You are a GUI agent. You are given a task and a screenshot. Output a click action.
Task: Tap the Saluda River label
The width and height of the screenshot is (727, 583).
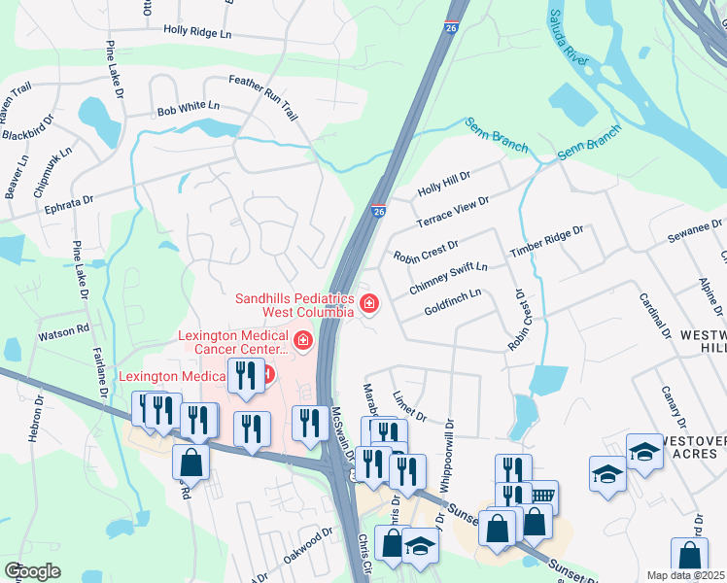(570, 37)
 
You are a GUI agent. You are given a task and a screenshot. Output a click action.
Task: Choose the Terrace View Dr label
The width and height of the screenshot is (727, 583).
(452, 212)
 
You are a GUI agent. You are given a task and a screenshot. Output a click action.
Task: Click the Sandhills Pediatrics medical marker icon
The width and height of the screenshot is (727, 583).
(369, 305)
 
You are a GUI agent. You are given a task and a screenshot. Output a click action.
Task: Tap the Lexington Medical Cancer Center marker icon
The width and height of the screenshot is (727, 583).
(302, 341)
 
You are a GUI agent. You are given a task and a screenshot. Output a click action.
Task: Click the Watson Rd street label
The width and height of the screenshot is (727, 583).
(63, 332)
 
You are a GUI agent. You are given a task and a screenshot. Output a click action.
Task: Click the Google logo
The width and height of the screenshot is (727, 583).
(32, 570)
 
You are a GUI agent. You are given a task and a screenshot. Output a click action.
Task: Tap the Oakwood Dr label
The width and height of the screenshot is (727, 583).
(306, 543)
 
